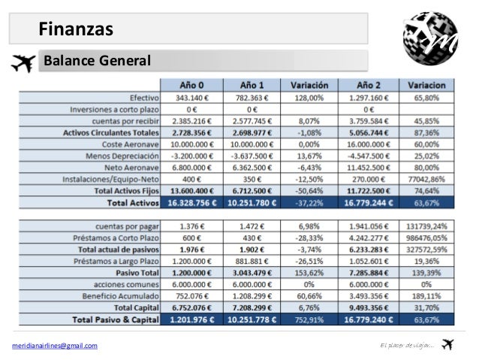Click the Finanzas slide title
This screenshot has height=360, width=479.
pyautogui.click(x=76, y=29)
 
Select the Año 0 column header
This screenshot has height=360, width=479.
pyautogui.click(x=193, y=84)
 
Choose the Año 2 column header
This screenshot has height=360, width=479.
pyautogui.click(x=369, y=84)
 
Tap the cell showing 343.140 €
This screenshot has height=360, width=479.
pyautogui.click(x=193, y=97)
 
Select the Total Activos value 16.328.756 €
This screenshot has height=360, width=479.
pyautogui.click(x=193, y=202)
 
